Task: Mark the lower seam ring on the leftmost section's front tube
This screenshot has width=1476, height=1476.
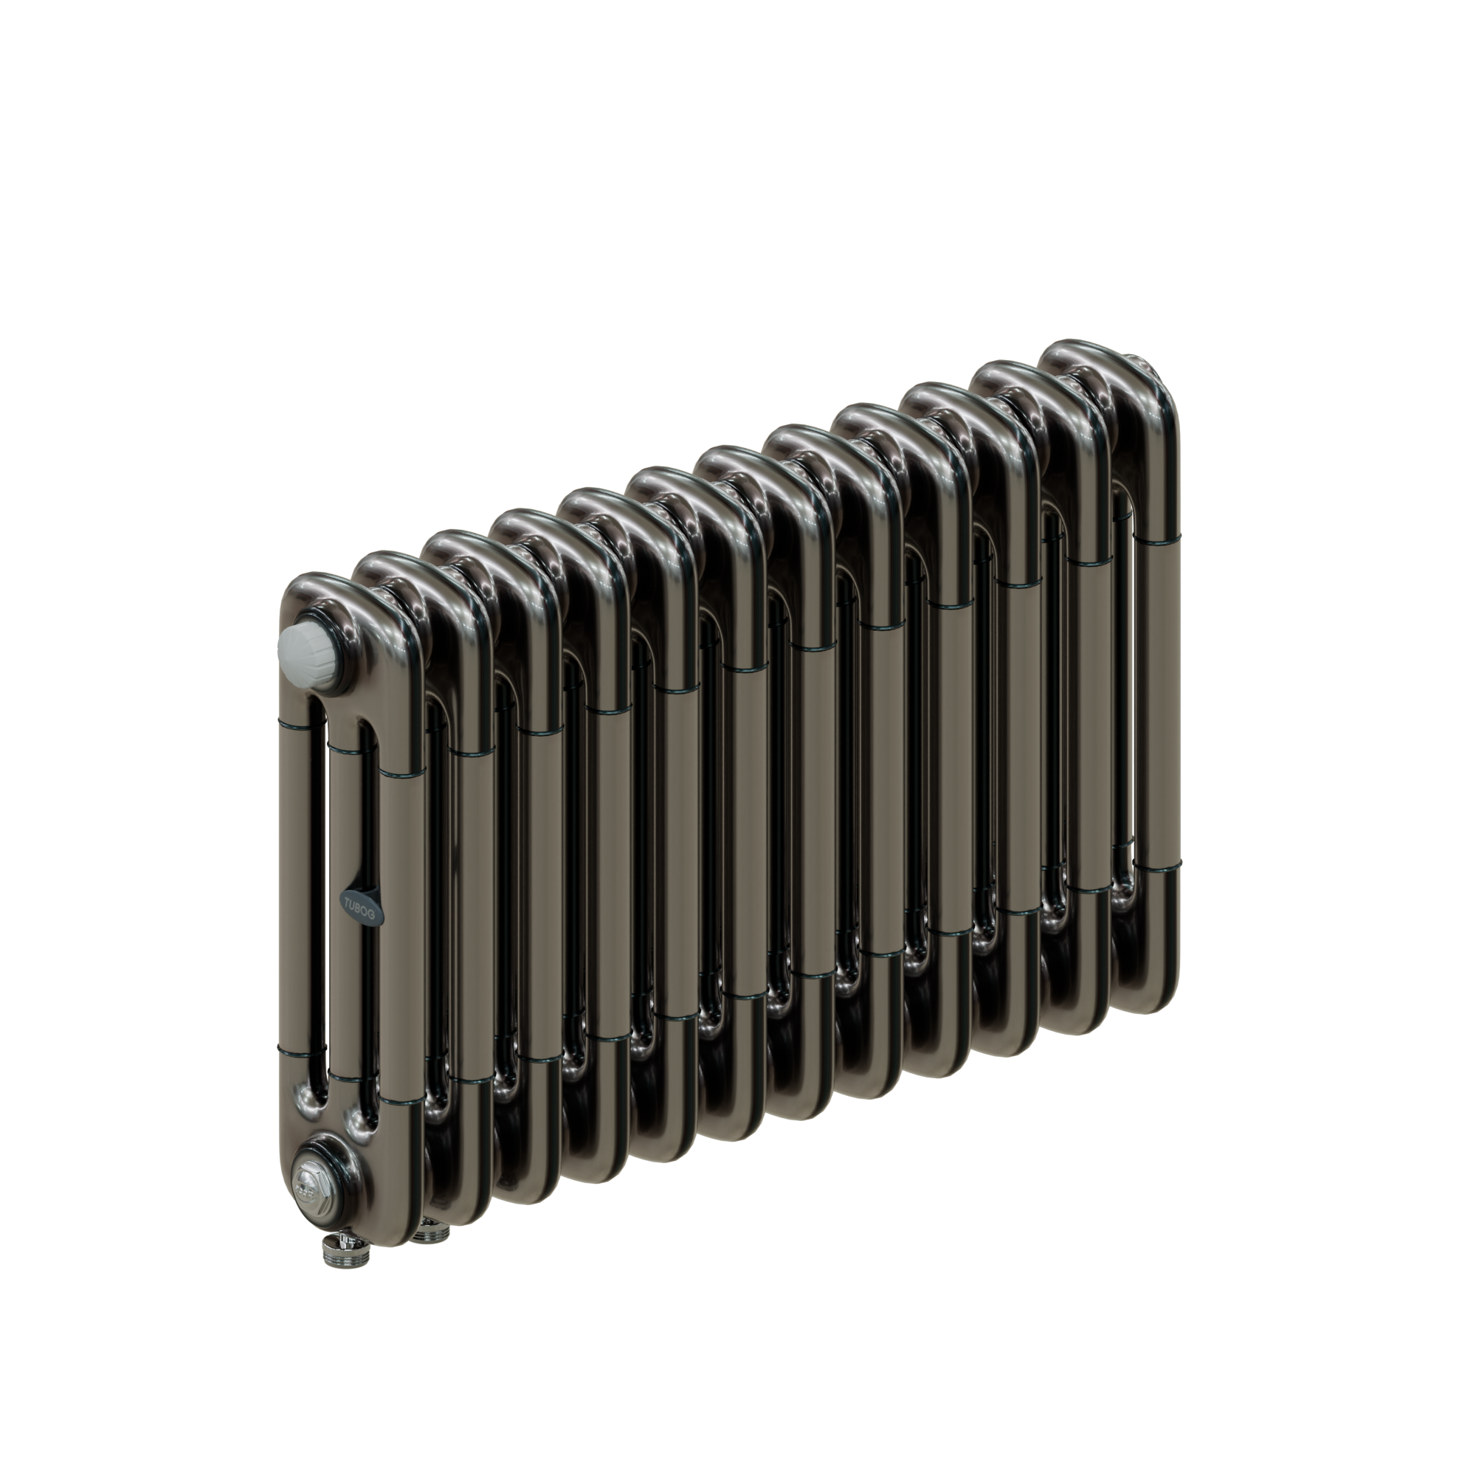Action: pos(400,1101)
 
